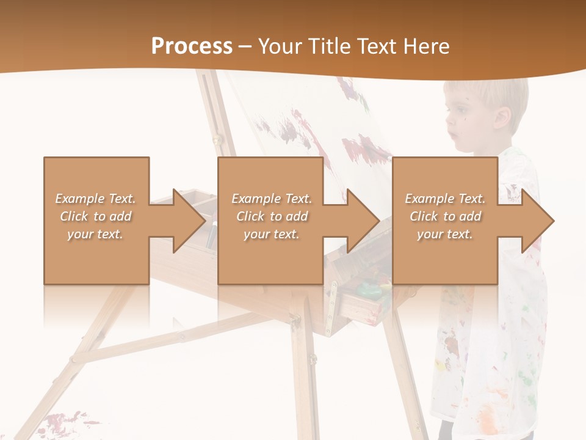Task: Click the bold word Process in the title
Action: pos(192,46)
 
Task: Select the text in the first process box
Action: pos(96,216)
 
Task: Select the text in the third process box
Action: pos(445,216)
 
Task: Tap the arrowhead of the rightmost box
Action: pos(537,221)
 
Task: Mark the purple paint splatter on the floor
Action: pos(64,422)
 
